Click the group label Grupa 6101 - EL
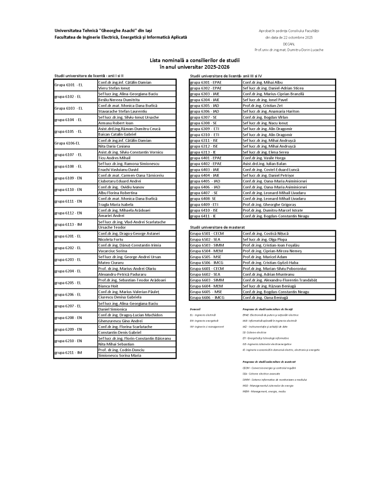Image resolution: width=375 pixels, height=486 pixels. click(69, 85)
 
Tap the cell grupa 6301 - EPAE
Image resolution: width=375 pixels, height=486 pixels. click(205, 82)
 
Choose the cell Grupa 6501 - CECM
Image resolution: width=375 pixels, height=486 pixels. click(207, 234)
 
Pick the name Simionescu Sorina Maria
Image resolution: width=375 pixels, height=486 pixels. click(119, 355)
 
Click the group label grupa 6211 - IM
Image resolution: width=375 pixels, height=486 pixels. click(68, 353)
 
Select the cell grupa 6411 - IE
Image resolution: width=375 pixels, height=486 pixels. click(203, 216)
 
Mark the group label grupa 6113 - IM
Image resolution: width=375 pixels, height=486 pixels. click(68, 224)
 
